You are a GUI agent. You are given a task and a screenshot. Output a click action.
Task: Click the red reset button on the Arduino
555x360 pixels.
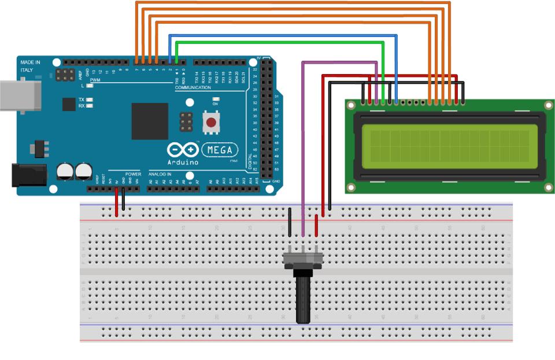212,123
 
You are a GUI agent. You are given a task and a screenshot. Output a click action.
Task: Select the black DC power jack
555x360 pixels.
28,175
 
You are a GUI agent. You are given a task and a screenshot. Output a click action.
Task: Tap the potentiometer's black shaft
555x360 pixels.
304,300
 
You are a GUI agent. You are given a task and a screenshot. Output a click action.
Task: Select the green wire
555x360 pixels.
277,42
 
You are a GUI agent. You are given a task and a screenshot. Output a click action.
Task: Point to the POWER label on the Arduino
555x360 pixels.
133,173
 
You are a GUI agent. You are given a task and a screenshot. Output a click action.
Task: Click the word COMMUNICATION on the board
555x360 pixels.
193,87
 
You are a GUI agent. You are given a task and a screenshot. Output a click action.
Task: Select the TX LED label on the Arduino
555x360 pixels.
82,100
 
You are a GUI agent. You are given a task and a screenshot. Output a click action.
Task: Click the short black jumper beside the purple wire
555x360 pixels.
290,222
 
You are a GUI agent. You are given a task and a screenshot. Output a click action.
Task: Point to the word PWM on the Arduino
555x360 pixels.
95,80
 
